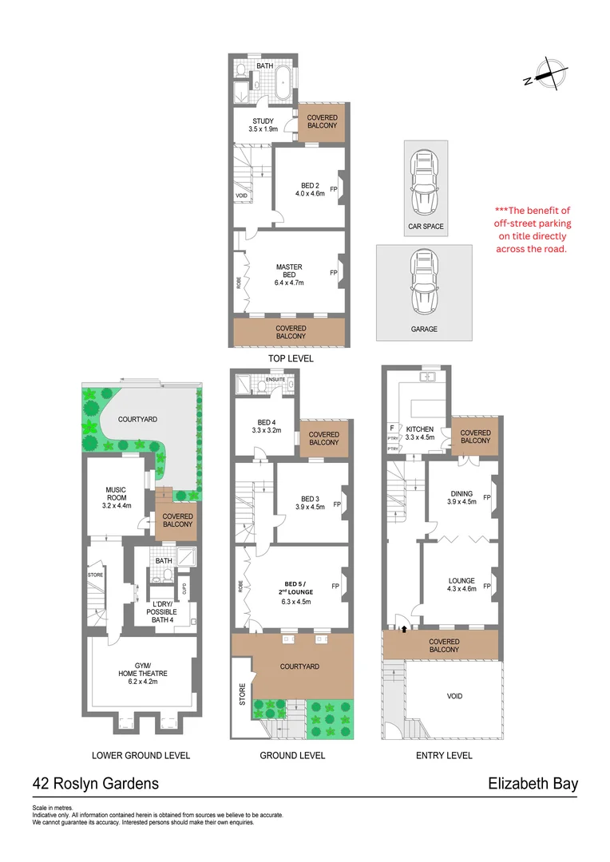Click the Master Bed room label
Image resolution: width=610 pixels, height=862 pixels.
click(289, 275)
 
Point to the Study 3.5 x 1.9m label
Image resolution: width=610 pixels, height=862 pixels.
click(263, 125)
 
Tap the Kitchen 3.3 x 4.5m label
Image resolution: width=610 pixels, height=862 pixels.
click(419, 433)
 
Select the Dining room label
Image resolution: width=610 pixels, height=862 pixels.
click(461, 497)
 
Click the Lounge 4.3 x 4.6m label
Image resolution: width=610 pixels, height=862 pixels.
click(461, 584)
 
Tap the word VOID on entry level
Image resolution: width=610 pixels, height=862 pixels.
click(454, 696)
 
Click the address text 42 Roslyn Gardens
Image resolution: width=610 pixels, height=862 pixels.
click(95, 784)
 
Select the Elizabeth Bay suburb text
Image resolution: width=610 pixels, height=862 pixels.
click(533, 784)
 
